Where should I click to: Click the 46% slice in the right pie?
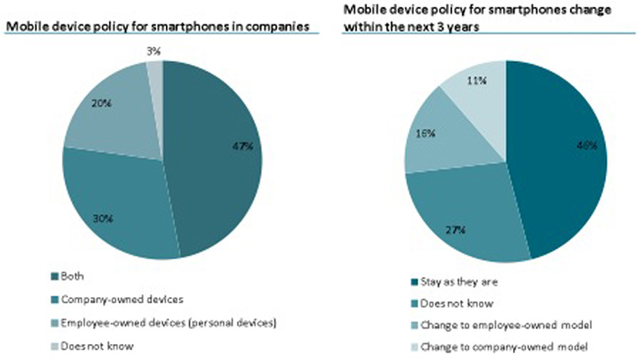[560, 157]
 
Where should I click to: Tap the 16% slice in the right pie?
[447, 138]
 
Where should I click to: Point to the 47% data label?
[243, 147]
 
